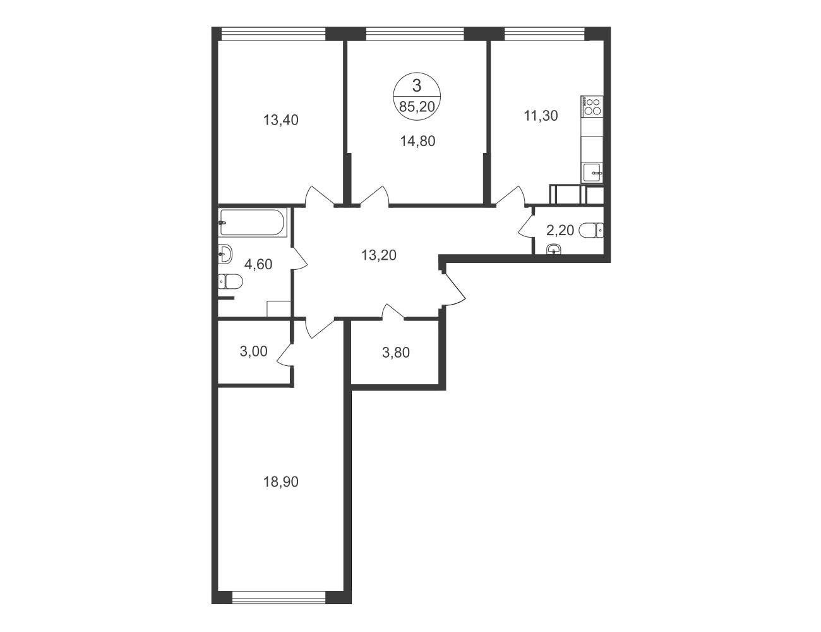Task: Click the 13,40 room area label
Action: pos(281,120)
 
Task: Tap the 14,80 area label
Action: pos(417,142)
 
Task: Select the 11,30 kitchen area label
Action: pos(541,116)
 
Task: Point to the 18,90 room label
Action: pos(281,482)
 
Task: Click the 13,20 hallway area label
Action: pos(378,255)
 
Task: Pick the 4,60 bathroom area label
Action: pos(258,265)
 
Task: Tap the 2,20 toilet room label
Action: pos(560,230)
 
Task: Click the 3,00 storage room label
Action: pos(253,351)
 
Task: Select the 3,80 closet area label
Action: pos(395,353)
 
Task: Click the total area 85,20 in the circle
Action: pos(417,107)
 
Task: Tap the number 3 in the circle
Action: pos(416,86)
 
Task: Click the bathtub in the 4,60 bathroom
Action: pos(253,222)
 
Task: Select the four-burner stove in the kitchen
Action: pos(592,106)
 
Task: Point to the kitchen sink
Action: pos(593,173)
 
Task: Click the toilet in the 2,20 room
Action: pos(590,230)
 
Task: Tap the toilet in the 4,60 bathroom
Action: pos(231,282)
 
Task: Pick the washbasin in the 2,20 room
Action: pos(554,250)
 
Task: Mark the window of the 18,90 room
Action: pos(279,598)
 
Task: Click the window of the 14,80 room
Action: pos(415,34)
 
